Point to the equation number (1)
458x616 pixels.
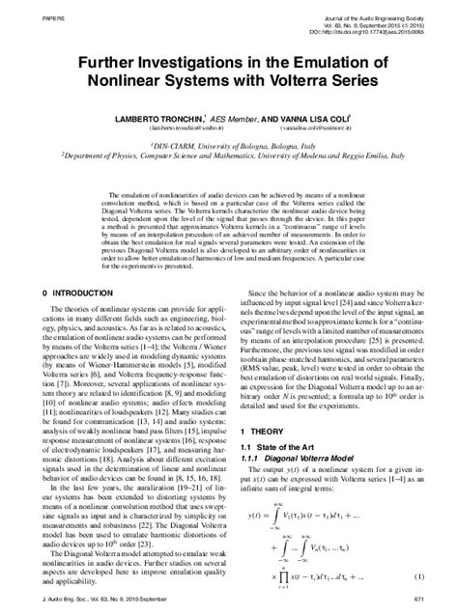[x=420, y=576]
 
